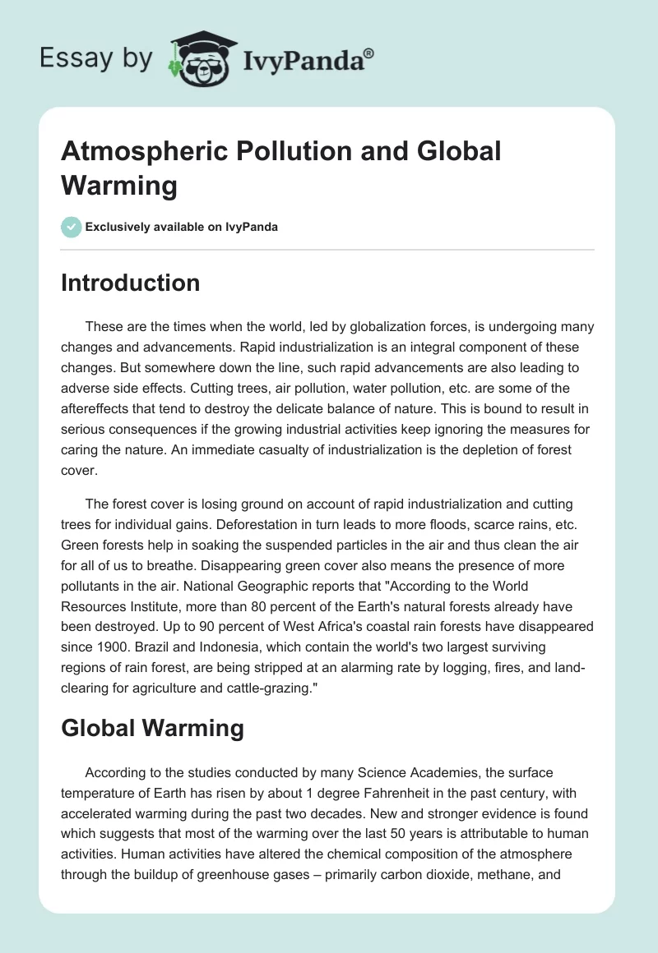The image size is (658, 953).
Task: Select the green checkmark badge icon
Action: point(72,227)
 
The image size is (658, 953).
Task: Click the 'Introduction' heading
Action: point(130,283)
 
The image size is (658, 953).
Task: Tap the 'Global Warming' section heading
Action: point(152,729)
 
